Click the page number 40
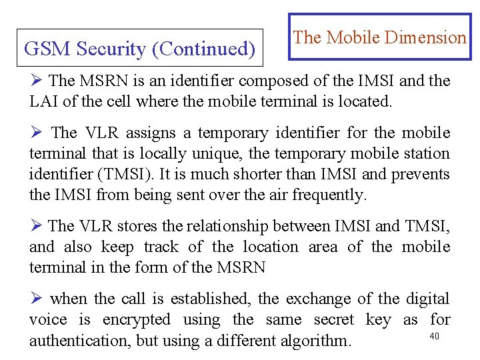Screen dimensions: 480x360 (x=435, y=336)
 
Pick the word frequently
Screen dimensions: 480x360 (x=331, y=195)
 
